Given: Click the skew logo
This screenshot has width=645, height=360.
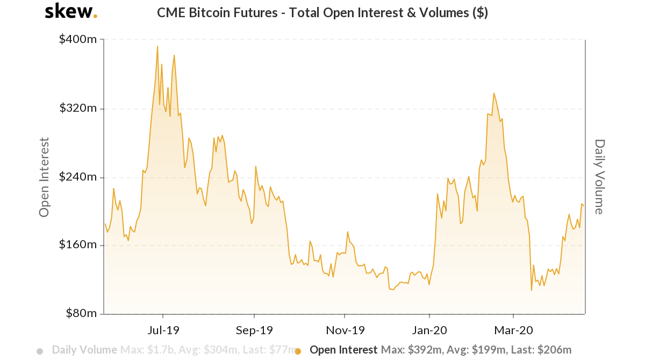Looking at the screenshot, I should [x=70, y=11].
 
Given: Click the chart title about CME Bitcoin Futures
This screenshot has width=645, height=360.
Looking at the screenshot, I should [x=322, y=13].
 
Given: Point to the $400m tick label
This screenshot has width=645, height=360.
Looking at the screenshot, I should [x=77, y=40].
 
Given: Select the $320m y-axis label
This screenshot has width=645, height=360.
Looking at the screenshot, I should [x=77, y=109].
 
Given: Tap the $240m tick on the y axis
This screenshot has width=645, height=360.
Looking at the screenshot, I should [x=77, y=177].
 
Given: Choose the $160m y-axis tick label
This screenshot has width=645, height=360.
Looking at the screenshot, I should [x=77, y=245].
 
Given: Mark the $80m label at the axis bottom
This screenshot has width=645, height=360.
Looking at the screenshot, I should [x=80, y=313].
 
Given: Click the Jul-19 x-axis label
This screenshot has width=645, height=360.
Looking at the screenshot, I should [x=163, y=329].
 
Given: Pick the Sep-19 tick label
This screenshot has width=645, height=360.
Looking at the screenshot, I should [x=254, y=329].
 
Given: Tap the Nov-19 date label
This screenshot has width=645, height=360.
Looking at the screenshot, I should [x=345, y=329].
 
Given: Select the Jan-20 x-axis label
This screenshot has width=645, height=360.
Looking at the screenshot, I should [x=429, y=329].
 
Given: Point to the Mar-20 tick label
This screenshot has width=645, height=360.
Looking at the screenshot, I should [x=514, y=329].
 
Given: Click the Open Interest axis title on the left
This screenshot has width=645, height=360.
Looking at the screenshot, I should [x=45, y=177].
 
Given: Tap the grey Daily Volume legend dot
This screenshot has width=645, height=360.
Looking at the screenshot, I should [x=40, y=351].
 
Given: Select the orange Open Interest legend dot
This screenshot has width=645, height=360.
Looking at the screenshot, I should [x=298, y=351].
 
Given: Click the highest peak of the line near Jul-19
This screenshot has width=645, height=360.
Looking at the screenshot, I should [x=157, y=46].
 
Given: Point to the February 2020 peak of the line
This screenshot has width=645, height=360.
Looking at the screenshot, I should [x=493, y=93].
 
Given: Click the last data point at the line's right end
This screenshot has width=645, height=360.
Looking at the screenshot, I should [x=584, y=205].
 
